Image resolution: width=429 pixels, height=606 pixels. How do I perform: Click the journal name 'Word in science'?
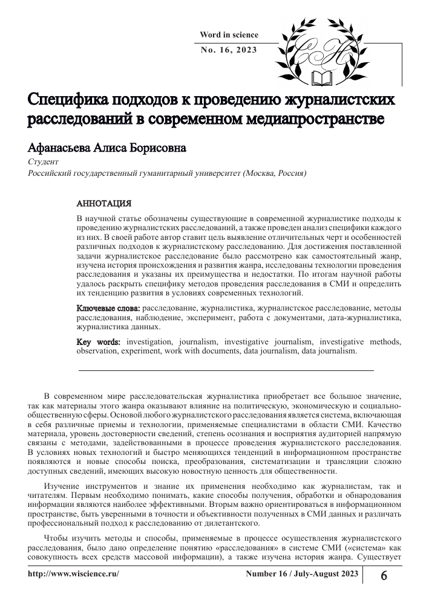point(229,35)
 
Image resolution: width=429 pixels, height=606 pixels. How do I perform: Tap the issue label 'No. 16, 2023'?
point(229,50)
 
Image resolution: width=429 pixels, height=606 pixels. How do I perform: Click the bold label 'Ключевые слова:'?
point(108,308)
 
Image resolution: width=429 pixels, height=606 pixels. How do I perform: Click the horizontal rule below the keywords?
point(226,370)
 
